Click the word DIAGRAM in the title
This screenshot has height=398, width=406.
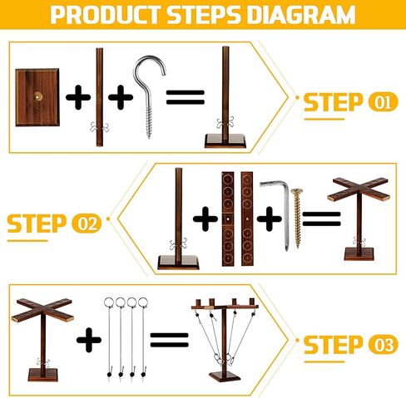[301, 14]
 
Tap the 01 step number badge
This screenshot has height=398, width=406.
[383, 102]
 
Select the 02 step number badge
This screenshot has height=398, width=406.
[87, 224]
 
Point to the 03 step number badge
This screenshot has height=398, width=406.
[383, 345]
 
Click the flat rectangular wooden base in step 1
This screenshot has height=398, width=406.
[37, 97]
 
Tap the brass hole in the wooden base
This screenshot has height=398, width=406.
[37, 96]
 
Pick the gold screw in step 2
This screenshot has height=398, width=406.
[297, 218]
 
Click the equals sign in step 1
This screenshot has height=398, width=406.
[186, 97]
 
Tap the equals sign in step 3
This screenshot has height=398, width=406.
[169, 340]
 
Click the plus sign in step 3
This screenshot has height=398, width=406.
[89, 340]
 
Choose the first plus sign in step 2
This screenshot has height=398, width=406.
[205, 219]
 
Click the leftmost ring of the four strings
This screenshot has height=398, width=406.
[109, 302]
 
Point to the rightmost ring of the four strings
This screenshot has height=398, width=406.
[143, 302]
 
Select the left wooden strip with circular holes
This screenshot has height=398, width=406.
[228, 219]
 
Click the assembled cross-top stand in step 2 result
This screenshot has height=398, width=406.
[359, 219]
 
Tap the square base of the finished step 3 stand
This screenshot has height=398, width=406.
[225, 376]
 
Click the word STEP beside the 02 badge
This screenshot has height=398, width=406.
[37, 224]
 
